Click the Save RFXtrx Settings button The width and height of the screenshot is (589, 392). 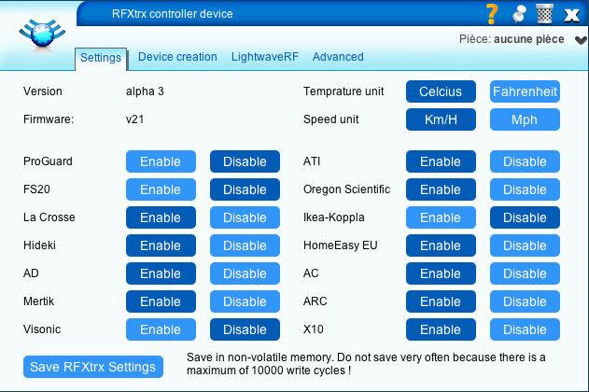(93, 367)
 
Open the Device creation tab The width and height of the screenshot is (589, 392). (177, 57)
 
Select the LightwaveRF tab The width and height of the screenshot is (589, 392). (265, 57)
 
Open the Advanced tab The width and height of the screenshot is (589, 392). (338, 57)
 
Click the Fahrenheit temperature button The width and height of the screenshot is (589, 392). (525, 91)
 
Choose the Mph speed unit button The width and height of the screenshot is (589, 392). (525, 119)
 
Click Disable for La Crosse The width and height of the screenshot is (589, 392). (245, 217)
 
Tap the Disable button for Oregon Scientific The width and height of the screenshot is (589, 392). (525, 189)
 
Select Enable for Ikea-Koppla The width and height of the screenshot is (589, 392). (441, 217)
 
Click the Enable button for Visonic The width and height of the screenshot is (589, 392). (161, 329)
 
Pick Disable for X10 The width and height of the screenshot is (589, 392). (525, 329)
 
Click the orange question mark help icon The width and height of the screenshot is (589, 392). (492, 14)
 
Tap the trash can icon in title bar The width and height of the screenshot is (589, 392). (544, 13)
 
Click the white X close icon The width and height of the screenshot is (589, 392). (571, 15)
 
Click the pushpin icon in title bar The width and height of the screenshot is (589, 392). (519, 14)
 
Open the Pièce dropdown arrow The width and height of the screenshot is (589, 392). (581, 40)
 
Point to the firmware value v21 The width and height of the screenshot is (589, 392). (134, 119)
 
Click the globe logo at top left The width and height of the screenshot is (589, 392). (42, 35)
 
